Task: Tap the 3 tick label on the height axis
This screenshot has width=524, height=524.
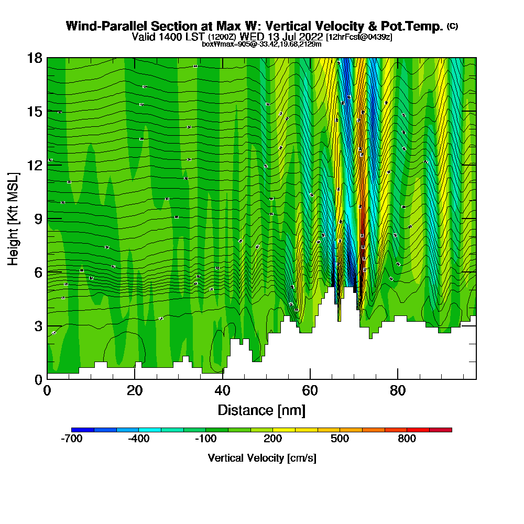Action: [38, 326]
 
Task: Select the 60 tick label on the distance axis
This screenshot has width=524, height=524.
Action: [310, 391]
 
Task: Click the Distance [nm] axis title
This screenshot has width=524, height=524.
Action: [261, 410]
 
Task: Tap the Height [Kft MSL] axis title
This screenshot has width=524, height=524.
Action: [13, 219]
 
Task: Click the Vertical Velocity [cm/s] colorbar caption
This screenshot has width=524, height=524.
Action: [261, 458]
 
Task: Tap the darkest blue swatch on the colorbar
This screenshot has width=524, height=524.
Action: [83, 430]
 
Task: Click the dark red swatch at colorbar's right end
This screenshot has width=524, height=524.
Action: [440, 430]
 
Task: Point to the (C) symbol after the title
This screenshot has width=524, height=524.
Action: [453, 26]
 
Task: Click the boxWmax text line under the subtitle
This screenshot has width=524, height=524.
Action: [261, 44]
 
